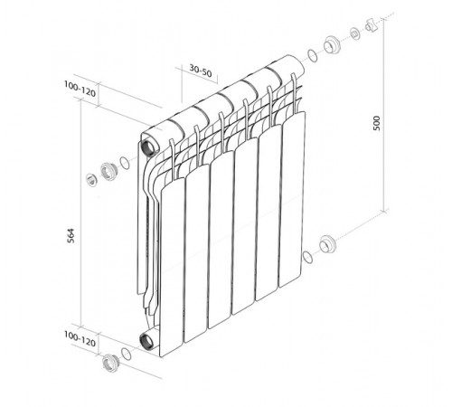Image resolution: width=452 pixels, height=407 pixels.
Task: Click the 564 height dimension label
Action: (70, 236)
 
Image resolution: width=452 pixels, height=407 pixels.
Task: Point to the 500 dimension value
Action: (377, 123)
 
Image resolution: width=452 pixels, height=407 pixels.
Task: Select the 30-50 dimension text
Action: (201, 71)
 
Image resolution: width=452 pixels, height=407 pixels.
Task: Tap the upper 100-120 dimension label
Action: (80, 89)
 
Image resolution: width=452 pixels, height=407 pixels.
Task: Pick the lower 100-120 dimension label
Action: (80, 339)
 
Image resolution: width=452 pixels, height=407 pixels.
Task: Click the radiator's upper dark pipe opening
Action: (150, 147)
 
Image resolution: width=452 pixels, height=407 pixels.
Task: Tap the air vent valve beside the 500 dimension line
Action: (372, 25)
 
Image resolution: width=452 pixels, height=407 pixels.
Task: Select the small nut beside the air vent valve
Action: (355, 33)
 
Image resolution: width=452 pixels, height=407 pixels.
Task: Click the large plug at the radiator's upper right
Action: (333, 45)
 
